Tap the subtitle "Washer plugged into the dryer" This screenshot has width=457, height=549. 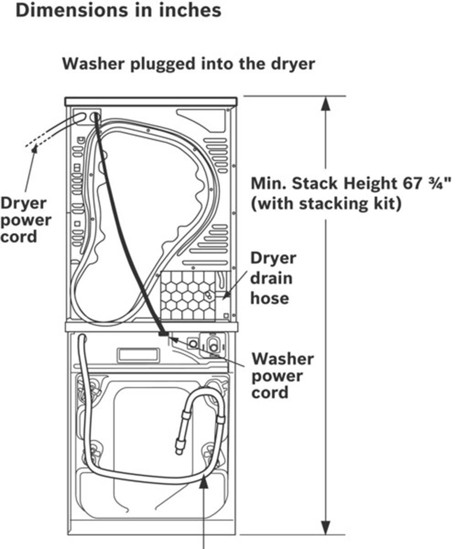[x=188, y=64]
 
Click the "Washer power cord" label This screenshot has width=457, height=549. [x=282, y=375]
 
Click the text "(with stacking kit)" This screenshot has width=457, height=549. [x=326, y=204]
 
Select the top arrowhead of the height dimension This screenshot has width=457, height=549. [x=325, y=104]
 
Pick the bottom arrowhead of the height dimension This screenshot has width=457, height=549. [x=325, y=528]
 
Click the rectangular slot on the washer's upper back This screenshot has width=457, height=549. [x=138, y=354]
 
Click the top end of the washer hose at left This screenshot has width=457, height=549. [x=82, y=339]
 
